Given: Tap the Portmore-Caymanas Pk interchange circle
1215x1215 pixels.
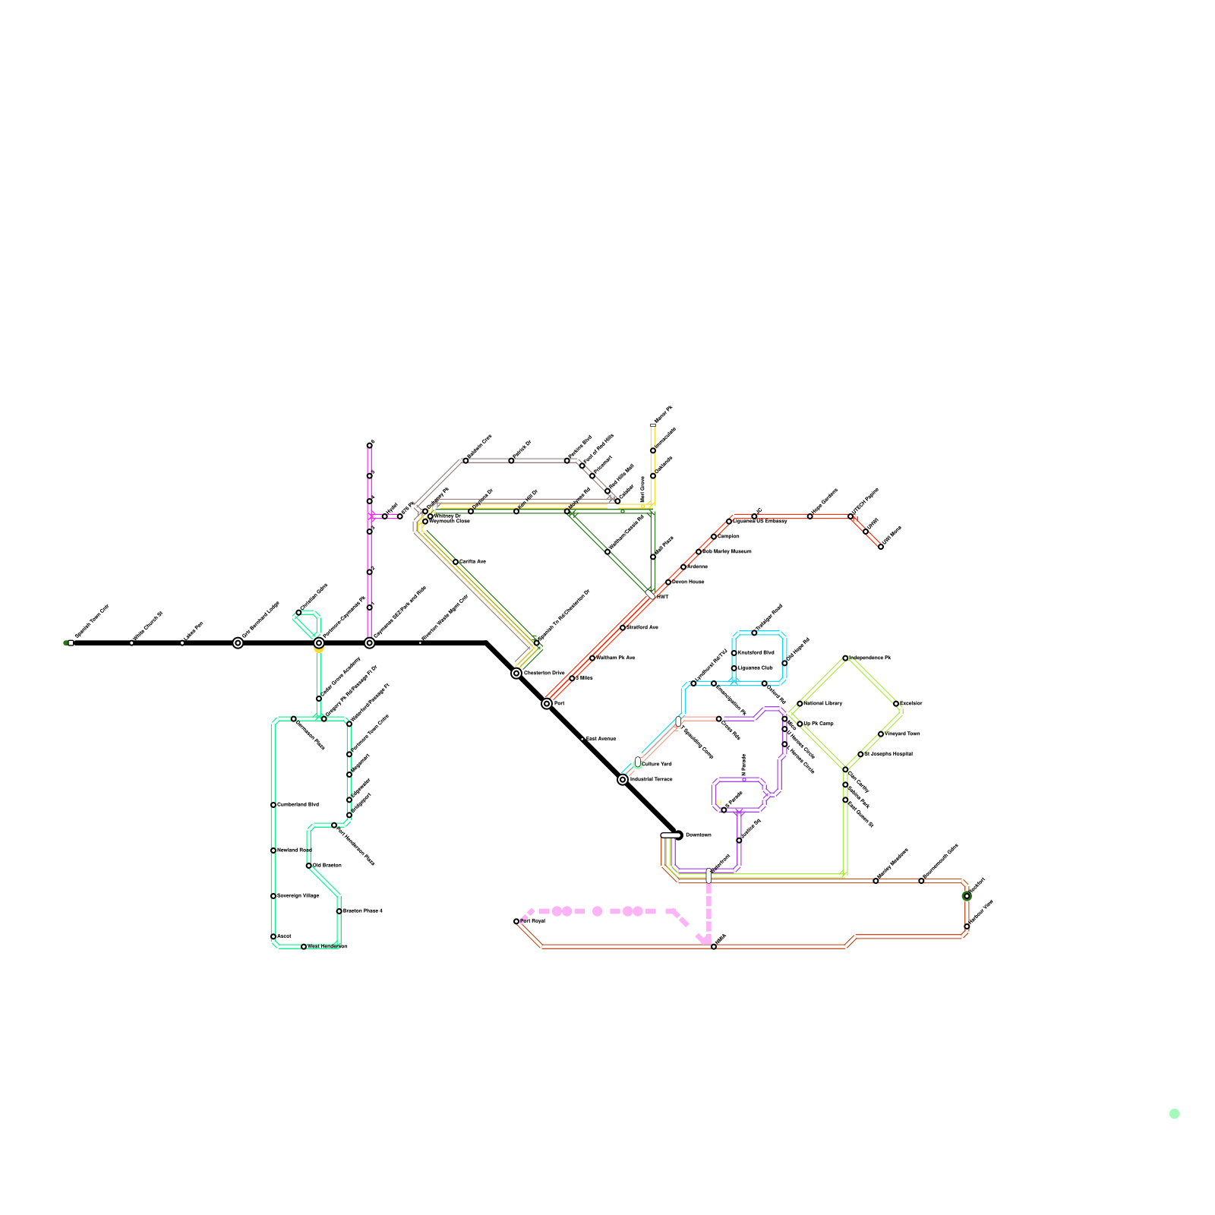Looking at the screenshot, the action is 319,643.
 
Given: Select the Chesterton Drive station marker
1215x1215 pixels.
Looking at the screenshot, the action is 516,674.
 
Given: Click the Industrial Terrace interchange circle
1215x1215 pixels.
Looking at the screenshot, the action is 623,780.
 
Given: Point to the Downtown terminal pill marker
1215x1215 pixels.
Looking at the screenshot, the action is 671,835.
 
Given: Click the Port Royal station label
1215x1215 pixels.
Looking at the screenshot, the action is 532,921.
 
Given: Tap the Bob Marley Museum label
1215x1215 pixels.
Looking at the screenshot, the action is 727,551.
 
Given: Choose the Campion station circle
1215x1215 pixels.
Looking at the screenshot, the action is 714,537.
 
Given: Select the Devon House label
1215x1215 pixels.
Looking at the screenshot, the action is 688,582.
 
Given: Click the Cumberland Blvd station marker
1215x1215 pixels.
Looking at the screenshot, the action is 273,805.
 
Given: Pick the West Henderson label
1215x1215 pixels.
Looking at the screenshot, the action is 327,947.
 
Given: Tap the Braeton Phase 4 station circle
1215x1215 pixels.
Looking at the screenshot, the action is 339,911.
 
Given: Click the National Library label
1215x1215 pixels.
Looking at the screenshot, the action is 822,703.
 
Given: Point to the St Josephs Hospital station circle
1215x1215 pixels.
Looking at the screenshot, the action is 860,755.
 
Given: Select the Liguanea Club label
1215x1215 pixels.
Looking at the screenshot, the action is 755,668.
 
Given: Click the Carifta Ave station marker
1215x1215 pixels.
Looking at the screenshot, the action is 456,562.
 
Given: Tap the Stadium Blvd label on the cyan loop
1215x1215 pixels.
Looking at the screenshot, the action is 756,652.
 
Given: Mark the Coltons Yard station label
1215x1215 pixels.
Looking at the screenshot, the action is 656,764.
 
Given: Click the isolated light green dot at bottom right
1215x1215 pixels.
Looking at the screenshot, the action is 1175,1114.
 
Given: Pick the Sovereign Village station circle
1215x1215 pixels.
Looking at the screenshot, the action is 273,896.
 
